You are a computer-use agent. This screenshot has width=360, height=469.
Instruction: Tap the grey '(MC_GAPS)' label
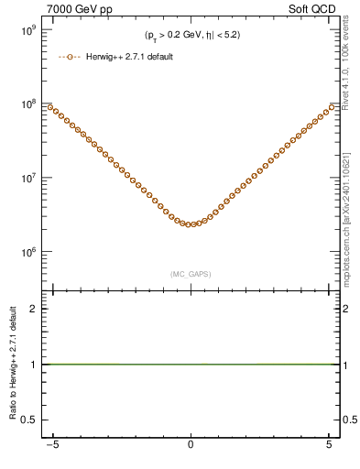(x=190, y=274)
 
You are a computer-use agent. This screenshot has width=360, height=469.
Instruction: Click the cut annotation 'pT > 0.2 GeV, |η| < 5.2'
(x=191, y=36)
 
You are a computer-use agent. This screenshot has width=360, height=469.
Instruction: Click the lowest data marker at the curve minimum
(x=190, y=224)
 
